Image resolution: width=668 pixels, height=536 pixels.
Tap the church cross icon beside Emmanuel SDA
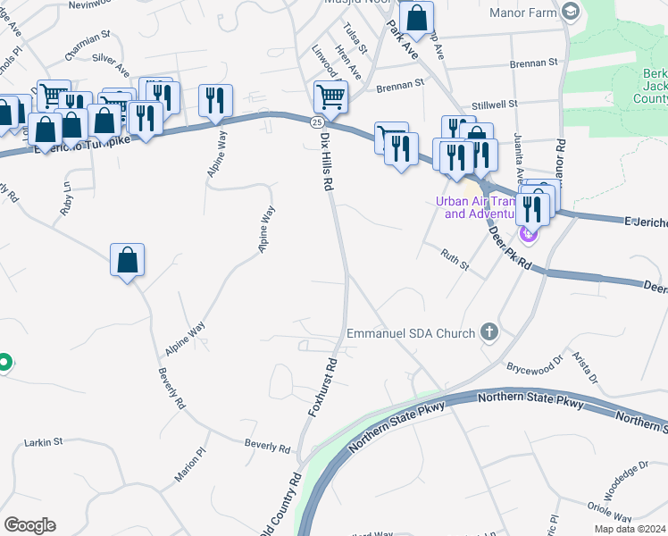[x=488, y=332]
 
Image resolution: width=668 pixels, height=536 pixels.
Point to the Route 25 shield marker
[x=317, y=121]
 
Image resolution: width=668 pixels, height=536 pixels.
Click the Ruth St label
[x=455, y=256]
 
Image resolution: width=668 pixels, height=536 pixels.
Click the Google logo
[x=29, y=525]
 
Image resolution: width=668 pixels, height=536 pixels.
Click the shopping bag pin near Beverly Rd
[x=128, y=260]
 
